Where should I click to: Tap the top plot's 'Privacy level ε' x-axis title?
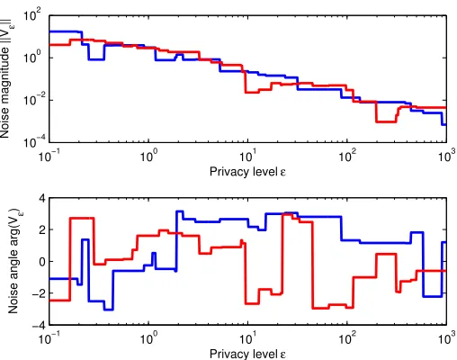(247, 172)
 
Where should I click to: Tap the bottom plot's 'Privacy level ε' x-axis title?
(247, 354)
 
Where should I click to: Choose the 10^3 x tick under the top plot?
(447, 156)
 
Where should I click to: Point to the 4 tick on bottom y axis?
(42, 198)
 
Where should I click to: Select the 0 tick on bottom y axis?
(42, 262)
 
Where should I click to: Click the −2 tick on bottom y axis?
(39, 293)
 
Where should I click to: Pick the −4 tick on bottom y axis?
(39, 325)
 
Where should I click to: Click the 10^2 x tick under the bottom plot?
(348, 338)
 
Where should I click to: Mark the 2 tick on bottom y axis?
(42, 229)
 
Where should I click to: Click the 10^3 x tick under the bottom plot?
(447, 338)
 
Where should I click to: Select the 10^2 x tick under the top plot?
(348, 156)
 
